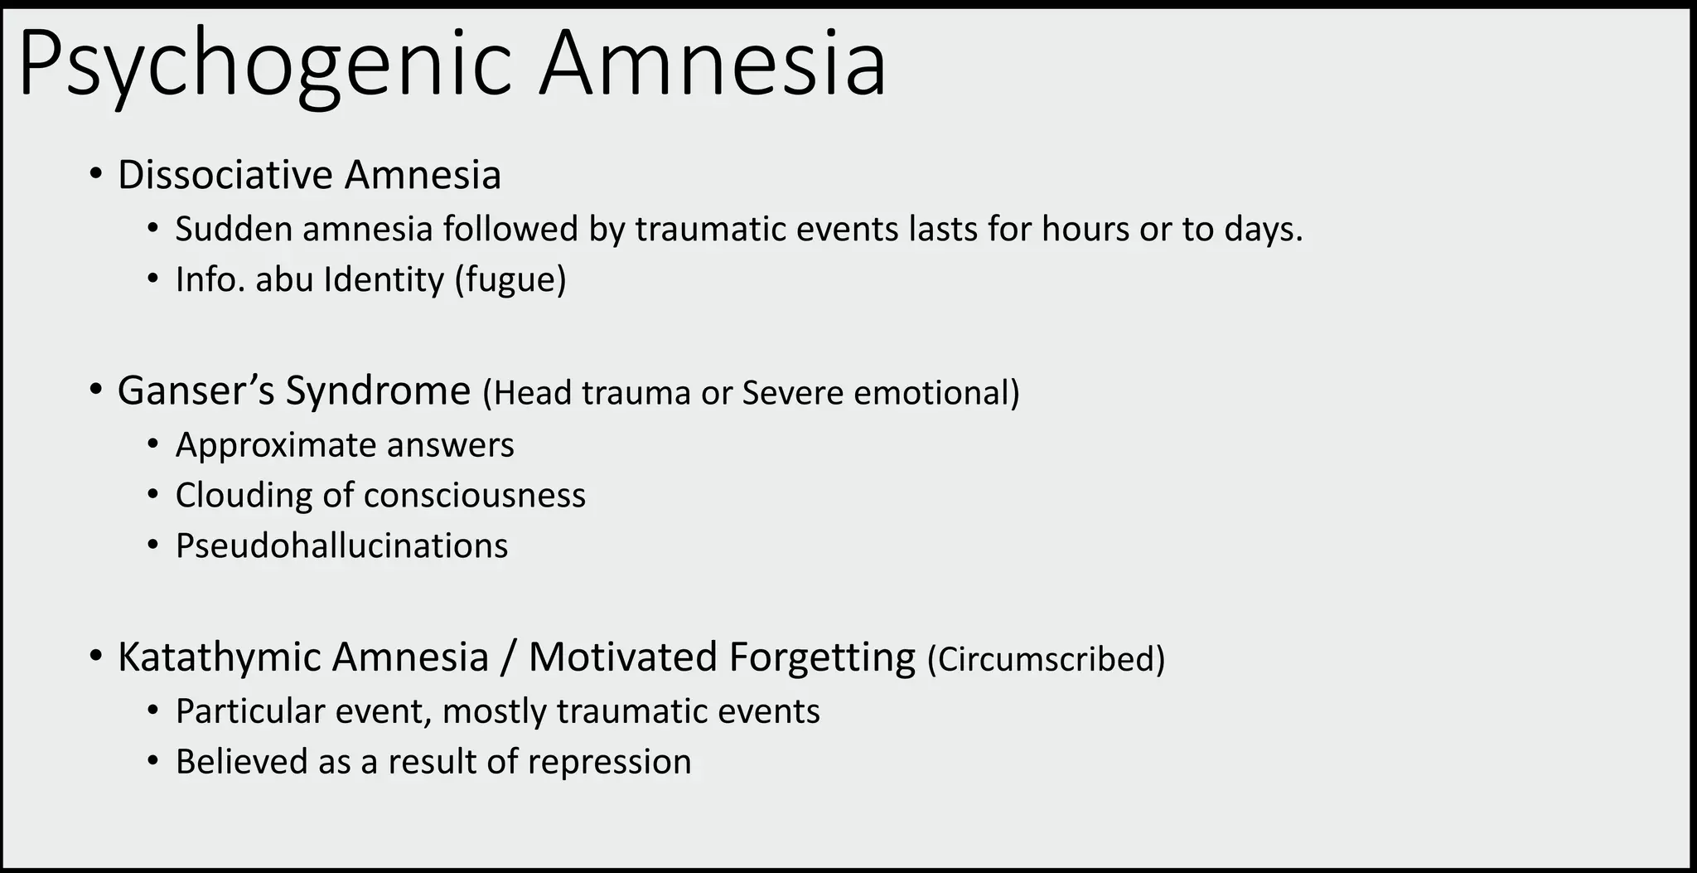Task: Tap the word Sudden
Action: click(233, 230)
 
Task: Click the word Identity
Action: click(384, 280)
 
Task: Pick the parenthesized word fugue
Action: click(510, 280)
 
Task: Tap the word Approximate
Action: click(274, 446)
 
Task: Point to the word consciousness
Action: click(474, 496)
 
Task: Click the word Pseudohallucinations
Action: click(341, 546)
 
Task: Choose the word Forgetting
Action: click(822, 657)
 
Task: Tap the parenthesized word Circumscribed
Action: click(1046, 660)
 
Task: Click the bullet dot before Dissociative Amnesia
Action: click(97, 175)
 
